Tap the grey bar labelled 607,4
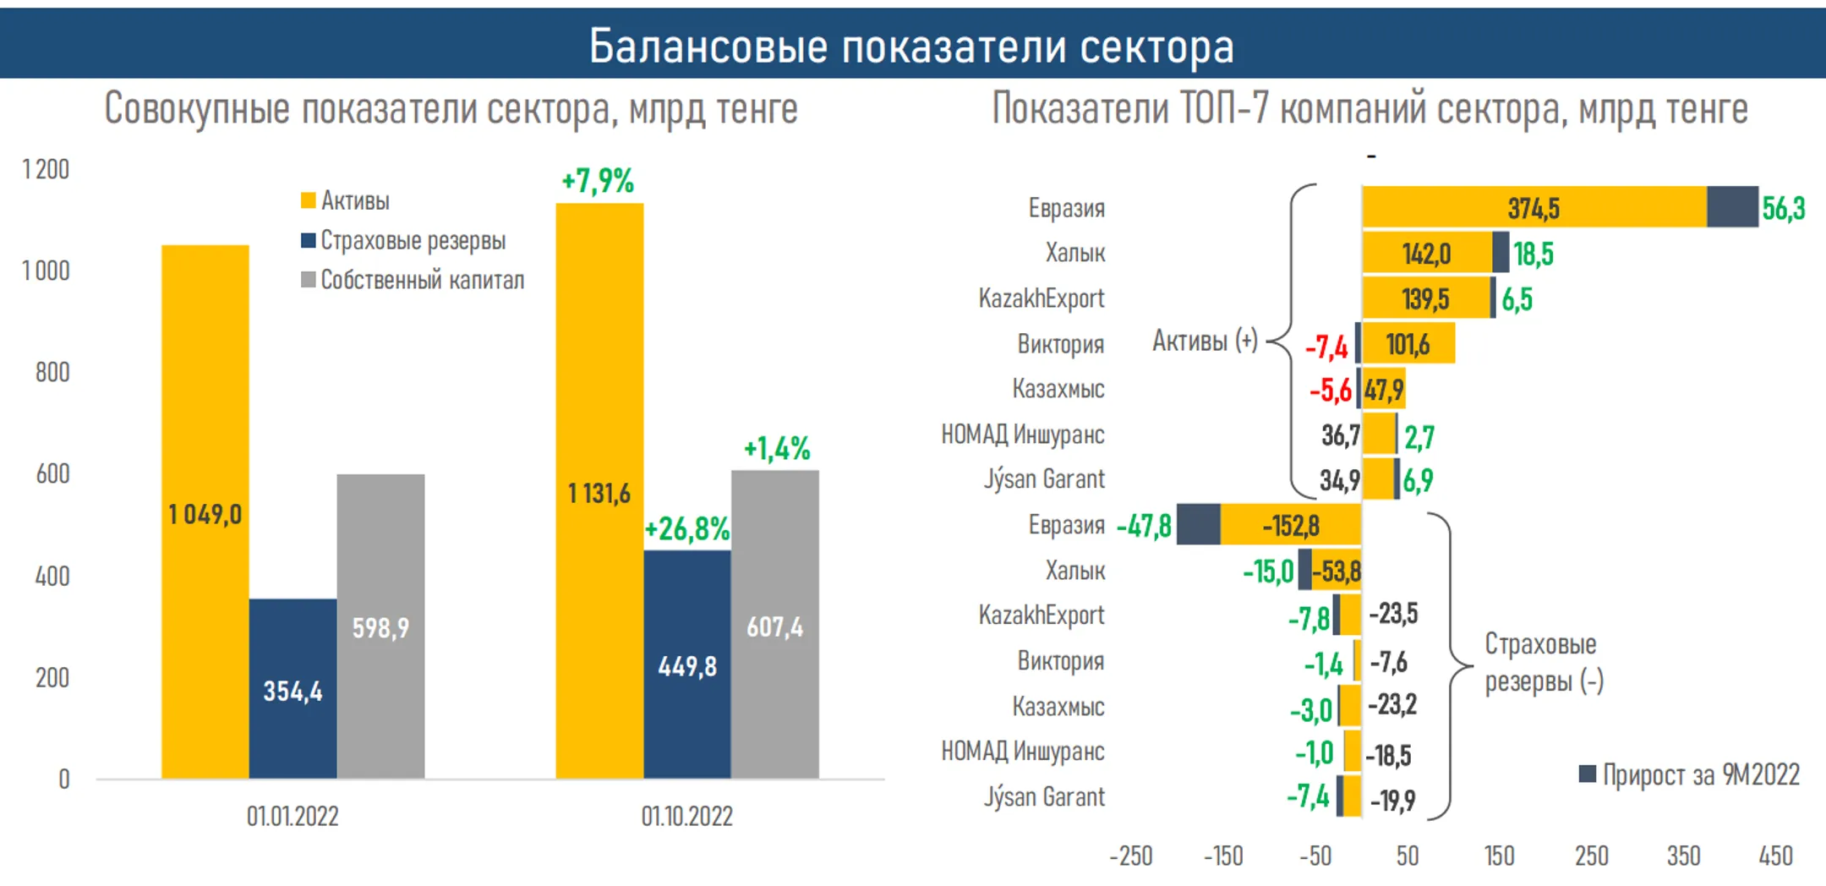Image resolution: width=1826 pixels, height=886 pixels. coord(774,626)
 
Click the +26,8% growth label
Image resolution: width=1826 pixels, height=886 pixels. coord(686,529)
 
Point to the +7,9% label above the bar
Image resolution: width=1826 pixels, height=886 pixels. coord(598,181)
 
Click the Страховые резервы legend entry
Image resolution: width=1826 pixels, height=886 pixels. coord(413,241)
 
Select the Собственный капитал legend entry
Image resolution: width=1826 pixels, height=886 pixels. coord(422,280)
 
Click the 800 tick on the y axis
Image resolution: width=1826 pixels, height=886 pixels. coord(52,372)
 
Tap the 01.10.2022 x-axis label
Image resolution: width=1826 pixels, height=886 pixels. coord(686,817)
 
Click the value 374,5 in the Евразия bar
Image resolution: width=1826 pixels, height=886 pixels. coord(1534,208)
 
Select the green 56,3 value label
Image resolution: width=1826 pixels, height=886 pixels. coord(1783,208)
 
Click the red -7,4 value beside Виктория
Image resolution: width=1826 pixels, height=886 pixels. coord(1326,347)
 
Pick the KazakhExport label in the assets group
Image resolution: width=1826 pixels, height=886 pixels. coord(1041,298)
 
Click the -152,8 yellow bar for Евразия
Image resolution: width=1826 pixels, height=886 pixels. coord(1291,526)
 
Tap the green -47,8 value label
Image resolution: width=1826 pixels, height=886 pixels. coord(1144,527)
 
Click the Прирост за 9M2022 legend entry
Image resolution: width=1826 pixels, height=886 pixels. coord(1700,774)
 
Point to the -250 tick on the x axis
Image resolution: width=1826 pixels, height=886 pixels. coord(1130,856)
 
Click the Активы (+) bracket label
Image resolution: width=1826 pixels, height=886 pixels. coord(1205,341)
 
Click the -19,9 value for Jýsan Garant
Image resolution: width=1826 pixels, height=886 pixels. coord(1392,800)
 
